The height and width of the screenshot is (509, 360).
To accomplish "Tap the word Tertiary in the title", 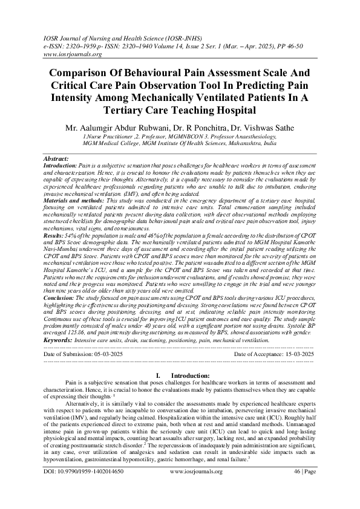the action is pyautogui.click(x=133, y=110).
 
